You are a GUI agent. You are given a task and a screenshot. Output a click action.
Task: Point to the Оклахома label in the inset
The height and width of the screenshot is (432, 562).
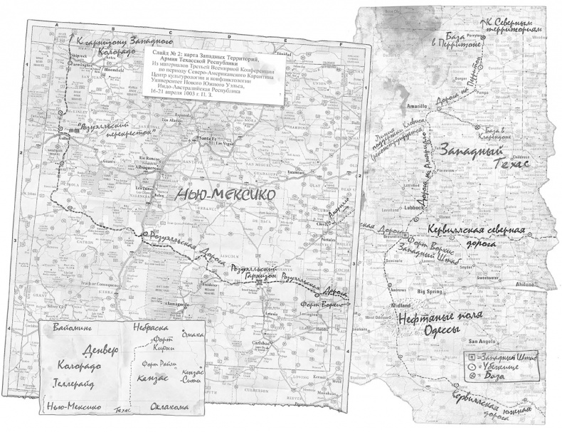174,407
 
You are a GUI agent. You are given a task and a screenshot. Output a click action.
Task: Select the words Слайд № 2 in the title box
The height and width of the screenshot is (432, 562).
171,53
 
